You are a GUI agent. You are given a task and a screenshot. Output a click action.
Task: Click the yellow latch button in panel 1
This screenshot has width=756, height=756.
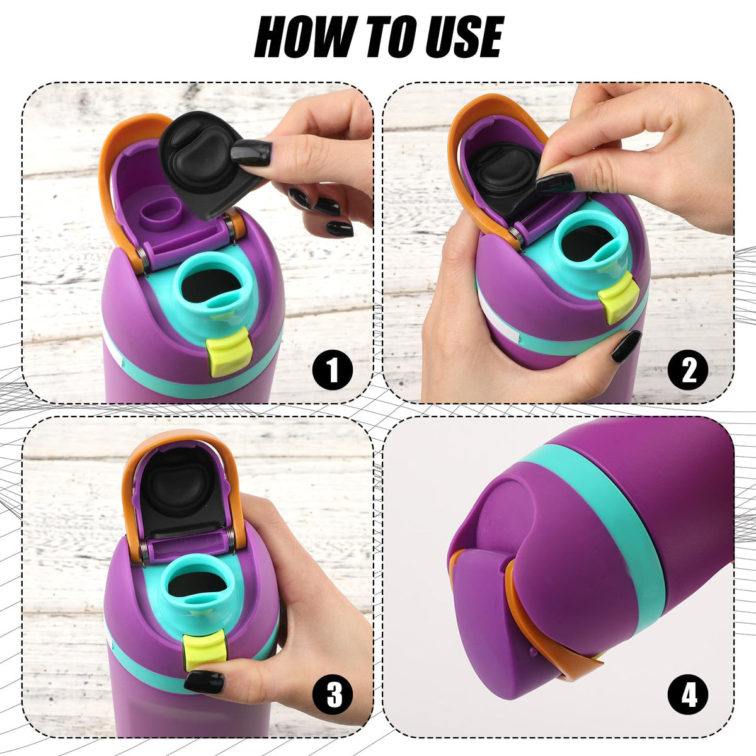pos(229,355)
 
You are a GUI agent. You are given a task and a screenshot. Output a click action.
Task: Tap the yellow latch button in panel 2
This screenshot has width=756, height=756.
pos(618,297)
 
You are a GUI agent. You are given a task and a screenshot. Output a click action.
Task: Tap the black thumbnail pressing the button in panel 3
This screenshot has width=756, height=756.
pos(204,682)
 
